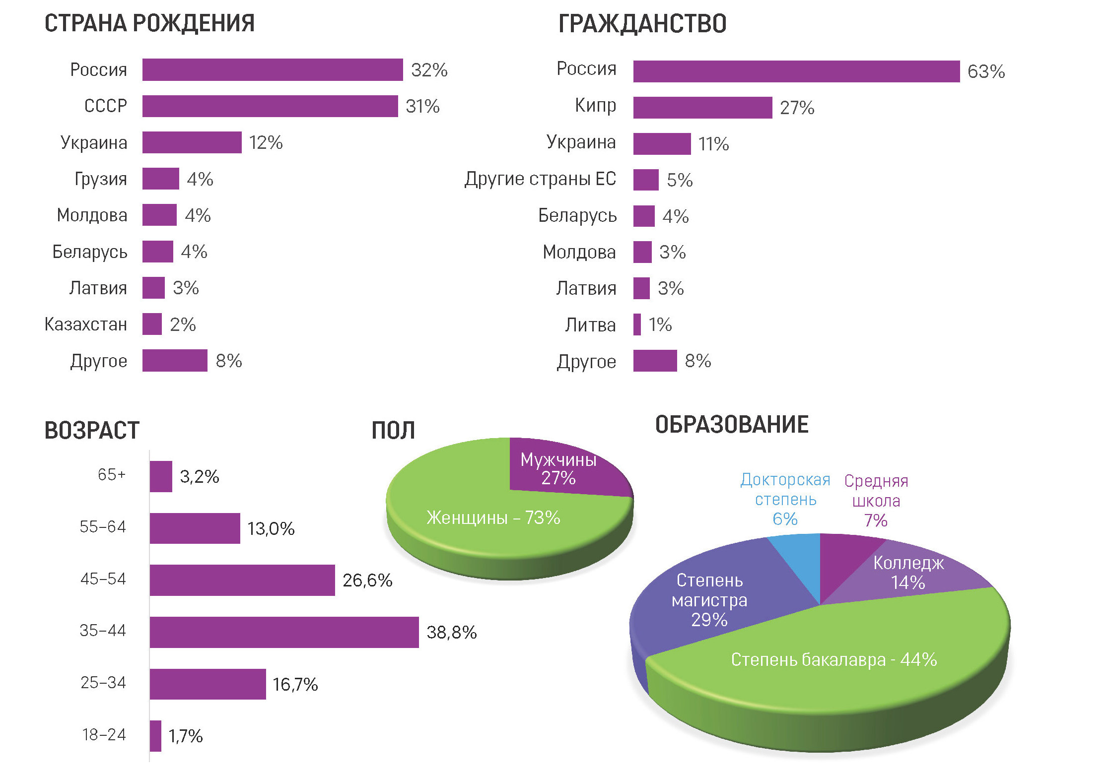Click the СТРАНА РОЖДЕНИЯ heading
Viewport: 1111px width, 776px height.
pyautogui.click(x=149, y=23)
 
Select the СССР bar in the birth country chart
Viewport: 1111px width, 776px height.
pyautogui.click(x=270, y=106)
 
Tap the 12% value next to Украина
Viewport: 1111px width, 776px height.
pyautogui.click(x=266, y=143)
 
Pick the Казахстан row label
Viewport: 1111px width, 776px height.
pyautogui.click(x=86, y=324)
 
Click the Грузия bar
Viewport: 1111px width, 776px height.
pyautogui.click(x=160, y=179)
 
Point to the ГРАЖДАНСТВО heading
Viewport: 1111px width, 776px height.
pyautogui.click(x=642, y=24)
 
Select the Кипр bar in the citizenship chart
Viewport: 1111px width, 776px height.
pyautogui.click(x=702, y=108)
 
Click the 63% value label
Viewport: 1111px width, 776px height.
pyautogui.click(x=986, y=72)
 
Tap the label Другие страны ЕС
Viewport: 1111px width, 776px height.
pyautogui.click(x=540, y=179)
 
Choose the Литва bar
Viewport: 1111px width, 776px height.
pyautogui.click(x=637, y=324)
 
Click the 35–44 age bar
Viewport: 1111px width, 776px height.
pyautogui.click(x=284, y=632)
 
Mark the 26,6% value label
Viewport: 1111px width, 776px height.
pyautogui.click(x=367, y=581)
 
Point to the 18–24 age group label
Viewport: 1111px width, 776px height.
pyautogui.click(x=104, y=735)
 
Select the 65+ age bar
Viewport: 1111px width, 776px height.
pyautogui.click(x=161, y=476)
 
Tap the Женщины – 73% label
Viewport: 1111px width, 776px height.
pyautogui.click(x=493, y=518)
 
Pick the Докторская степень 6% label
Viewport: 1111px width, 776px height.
pyautogui.click(x=785, y=499)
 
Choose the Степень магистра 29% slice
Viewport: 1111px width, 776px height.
pyautogui.click(x=710, y=600)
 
